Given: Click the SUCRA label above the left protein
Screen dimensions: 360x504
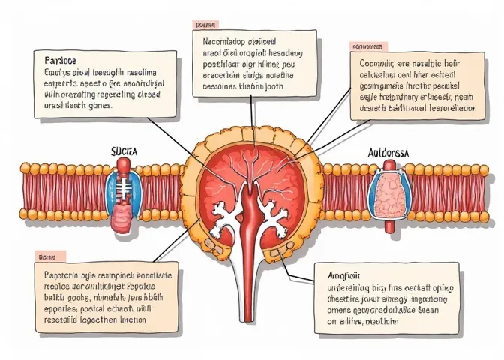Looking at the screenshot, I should pos(123,151).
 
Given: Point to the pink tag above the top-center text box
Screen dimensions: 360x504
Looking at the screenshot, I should pos(204,25).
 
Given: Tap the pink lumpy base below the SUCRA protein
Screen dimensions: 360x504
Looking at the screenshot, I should pos(121,219).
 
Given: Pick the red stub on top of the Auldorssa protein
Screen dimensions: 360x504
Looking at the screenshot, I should pos(391,163).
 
